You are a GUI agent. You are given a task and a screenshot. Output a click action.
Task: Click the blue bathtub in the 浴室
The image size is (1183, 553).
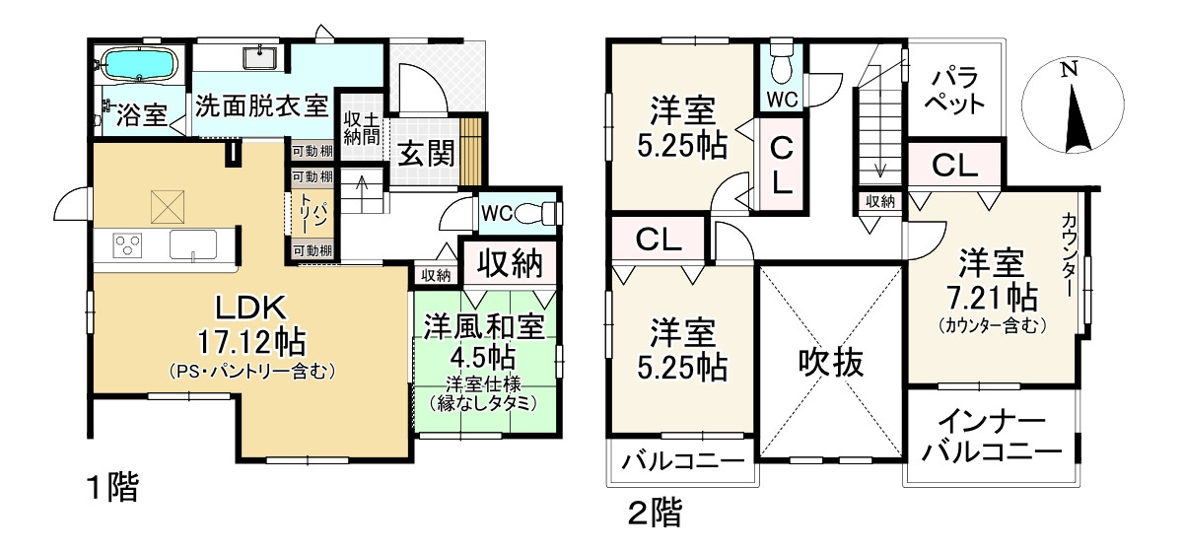pyautogui.click(x=140, y=67)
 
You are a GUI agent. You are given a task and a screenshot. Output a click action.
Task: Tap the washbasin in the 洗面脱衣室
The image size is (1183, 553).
pyautogui.click(x=262, y=57)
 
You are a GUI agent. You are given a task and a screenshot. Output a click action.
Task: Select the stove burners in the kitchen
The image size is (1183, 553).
pyautogui.click(x=129, y=244)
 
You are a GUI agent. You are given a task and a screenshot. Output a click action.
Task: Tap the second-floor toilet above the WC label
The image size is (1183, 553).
pyautogui.click(x=782, y=65)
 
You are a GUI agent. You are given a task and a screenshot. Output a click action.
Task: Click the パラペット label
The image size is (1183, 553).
pyautogui.click(x=956, y=89)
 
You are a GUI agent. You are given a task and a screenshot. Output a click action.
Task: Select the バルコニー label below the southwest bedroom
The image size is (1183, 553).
pyautogui.click(x=684, y=461)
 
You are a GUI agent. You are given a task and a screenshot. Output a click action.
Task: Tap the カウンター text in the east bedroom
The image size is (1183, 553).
pyautogui.click(x=1070, y=258)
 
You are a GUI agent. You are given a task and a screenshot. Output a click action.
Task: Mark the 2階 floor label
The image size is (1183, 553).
pyautogui.click(x=655, y=512)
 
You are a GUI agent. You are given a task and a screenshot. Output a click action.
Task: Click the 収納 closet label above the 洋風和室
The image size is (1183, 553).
pyautogui.click(x=511, y=262)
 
